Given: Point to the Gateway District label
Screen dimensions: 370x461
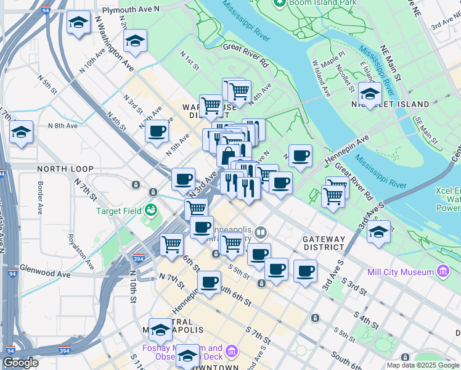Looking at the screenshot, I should [x=324, y=242].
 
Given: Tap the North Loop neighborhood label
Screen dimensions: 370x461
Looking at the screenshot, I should [x=65, y=168].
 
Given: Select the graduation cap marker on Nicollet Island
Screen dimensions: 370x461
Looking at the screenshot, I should [x=369, y=94].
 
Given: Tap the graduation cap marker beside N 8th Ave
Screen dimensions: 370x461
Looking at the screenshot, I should [x=22, y=131].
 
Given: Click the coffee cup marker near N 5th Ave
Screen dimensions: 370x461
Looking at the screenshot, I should [x=157, y=131].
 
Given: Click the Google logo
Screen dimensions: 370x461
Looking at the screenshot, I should [x=21, y=362].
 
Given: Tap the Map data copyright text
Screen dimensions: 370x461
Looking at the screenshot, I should [x=423, y=365].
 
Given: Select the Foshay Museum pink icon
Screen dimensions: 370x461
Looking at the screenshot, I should [x=231, y=352].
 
